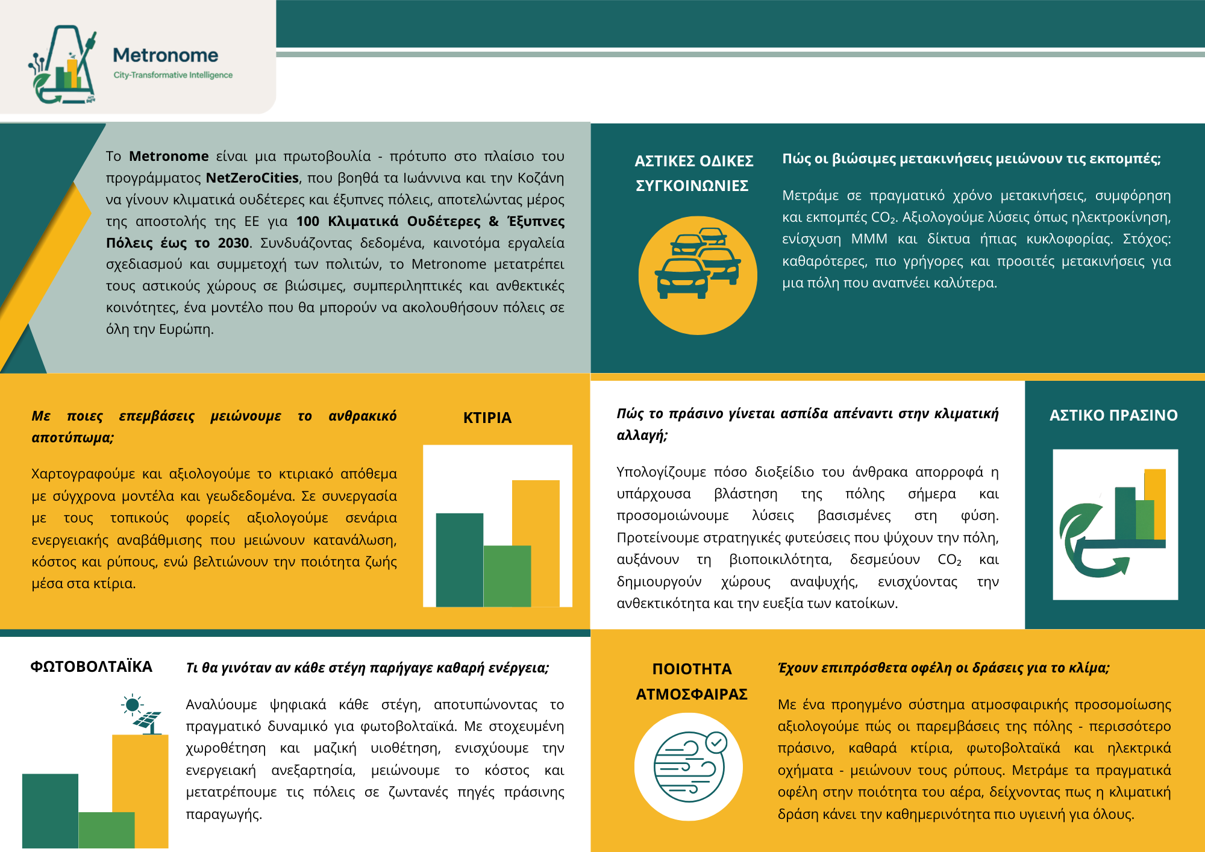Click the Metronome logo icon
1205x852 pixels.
click(x=63, y=65)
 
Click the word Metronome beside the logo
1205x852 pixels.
click(x=166, y=55)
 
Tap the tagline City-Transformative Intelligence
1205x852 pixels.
click(x=173, y=75)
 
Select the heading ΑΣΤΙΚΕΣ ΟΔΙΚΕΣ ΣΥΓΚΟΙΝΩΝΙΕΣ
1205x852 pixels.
click(x=693, y=173)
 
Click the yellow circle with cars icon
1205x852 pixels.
click(x=697, y=275)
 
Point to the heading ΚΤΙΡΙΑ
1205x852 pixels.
click(x=487, y=418)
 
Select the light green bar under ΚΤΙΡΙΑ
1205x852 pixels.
click(x=507, y=575)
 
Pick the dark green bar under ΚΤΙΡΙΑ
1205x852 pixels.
click(x=459, y=559)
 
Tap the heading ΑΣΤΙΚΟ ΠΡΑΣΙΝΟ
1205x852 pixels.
click(x=1113, y=415)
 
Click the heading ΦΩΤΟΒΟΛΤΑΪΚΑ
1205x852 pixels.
click(x=92, y=666)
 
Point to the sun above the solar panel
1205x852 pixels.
click(x=133, y=704)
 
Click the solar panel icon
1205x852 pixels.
click(x=148, y=721)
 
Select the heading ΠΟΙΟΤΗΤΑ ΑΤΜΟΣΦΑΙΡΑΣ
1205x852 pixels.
click(x=692, y=681)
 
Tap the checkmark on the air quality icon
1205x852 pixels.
click(x=716, y=742)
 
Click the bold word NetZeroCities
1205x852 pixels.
click(x=252, y=178)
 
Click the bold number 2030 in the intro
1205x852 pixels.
click(x=233, y=243)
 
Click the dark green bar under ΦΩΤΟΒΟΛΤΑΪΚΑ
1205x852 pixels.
click(x=50, y=810)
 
